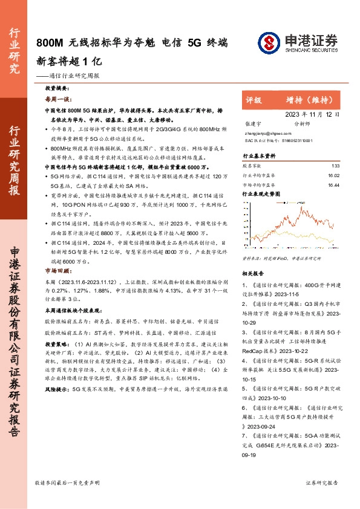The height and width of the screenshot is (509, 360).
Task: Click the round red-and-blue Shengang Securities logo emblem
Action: (x=268, y=42)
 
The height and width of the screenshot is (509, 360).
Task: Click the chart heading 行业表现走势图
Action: (x=261, y=195)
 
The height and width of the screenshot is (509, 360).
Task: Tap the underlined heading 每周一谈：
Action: (x=59, y=99)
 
